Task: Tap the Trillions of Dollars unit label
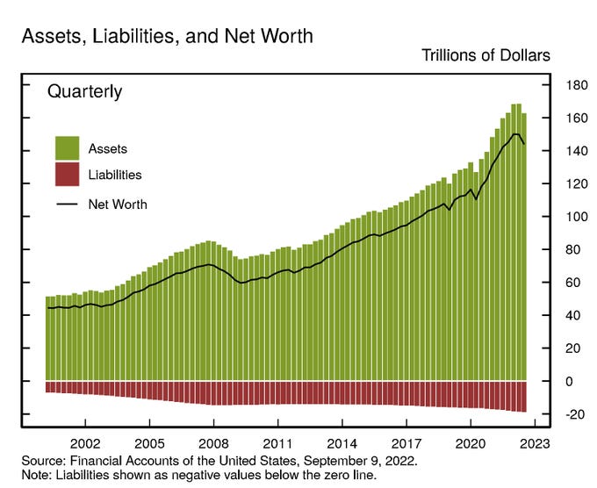click(x=486, y=55)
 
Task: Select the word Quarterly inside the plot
click(x=84, y=91)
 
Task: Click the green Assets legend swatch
click(x=67, y=148)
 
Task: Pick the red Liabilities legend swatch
click(x=67, y=174)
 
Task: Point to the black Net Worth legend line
click(x=67, y=205)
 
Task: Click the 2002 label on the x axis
click(x=86, y=444)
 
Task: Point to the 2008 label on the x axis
click(x=214, y=444)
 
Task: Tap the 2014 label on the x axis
click(x=342, y=444)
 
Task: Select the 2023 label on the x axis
click(x=535, y=444)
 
